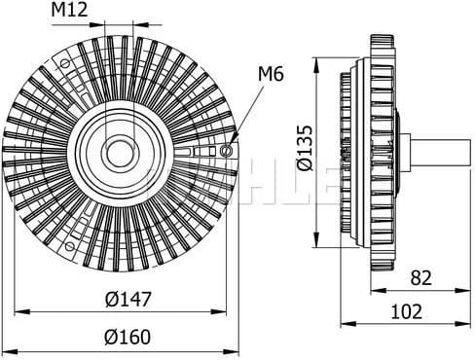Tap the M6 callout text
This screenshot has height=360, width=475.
coord(271,72)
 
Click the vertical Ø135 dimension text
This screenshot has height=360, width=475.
coord(306,147)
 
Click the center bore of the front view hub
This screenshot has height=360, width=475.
coord(121,152)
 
